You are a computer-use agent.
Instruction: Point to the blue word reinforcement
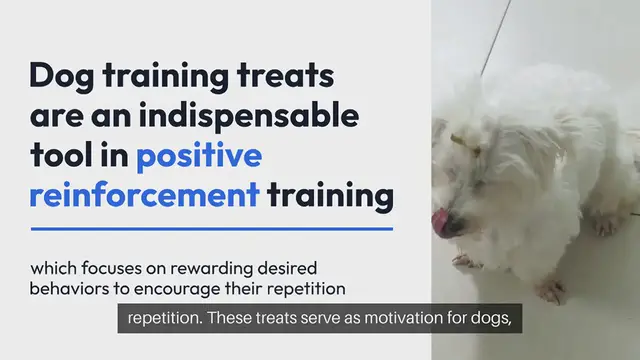[x=143, y=194]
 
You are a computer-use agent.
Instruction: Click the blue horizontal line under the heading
[x=211, y=229]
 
